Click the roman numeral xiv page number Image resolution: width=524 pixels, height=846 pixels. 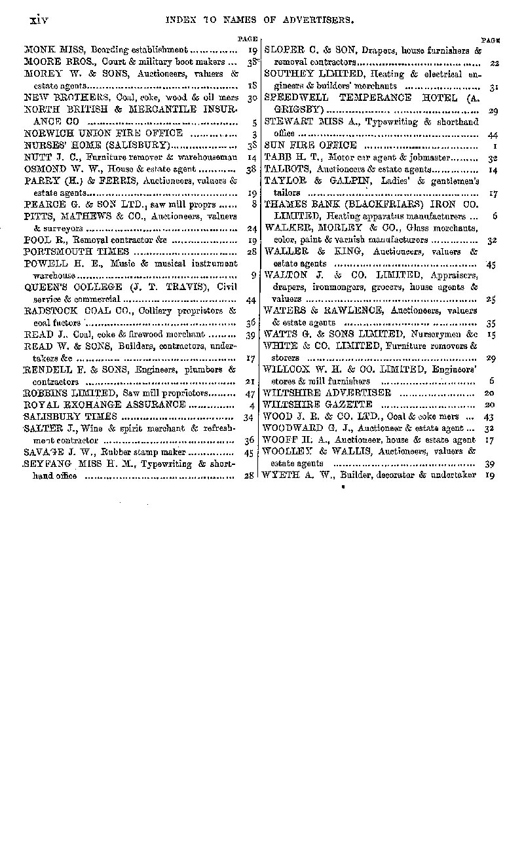[39, 20]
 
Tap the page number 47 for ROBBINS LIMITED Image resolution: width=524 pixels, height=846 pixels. [248, 394]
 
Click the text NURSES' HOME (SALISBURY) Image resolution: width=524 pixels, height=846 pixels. [97, 145]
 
